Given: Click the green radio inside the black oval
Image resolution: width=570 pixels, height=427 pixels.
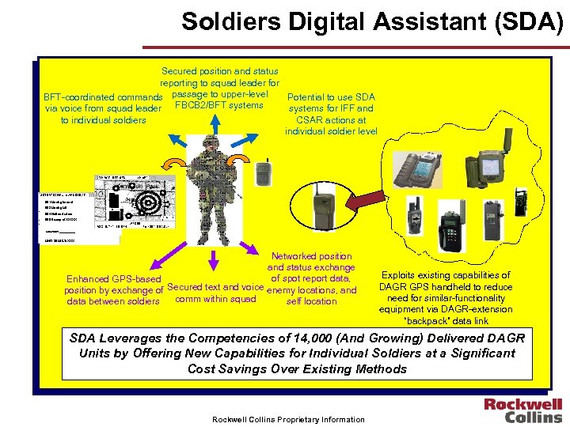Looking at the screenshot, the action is [323, 210].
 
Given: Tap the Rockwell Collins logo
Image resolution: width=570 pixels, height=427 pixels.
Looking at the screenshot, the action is [523, 410].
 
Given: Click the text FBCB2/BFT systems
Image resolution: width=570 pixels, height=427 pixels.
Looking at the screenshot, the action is [218, 105].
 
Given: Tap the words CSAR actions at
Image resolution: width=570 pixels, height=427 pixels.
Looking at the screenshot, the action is [331, 119].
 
